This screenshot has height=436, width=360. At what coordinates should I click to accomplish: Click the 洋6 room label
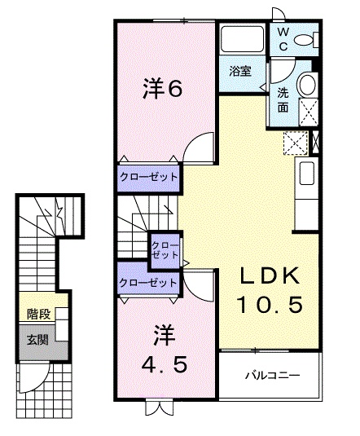pyautogui.click(x=162, y=89)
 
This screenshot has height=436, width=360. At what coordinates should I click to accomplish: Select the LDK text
pyautogui.click(x=270, y=275)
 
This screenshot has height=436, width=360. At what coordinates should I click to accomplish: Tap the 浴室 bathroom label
pyautogui.click(x=239, y=71)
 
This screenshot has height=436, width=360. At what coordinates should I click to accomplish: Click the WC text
pyautogui.click(x=282, y=38)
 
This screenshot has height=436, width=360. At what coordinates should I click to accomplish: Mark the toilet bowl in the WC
pyautogui.click(x=305, y=40)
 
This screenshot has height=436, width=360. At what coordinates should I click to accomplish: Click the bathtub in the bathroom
pyautogui.click(x=241, y=39)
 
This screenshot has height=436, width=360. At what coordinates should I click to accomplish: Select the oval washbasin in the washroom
pyautogui.click(x=308, y=83)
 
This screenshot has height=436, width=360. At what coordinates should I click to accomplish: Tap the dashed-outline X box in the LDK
pyautogui.click(x=295, y=143)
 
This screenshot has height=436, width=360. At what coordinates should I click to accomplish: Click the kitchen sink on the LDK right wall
pyautogui.click(x=308, y=174)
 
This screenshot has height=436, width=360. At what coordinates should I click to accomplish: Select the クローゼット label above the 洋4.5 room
pyautogui.click(x=147, y=283)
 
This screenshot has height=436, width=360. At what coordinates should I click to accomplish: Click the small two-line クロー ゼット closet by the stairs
pyautogui.click(x=165, y=249)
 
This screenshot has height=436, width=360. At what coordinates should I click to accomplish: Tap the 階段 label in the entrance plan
pyautogui.click(x=37, y=312)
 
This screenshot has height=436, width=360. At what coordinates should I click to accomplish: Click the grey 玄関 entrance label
pyautogui.click(x=37, y=339)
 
